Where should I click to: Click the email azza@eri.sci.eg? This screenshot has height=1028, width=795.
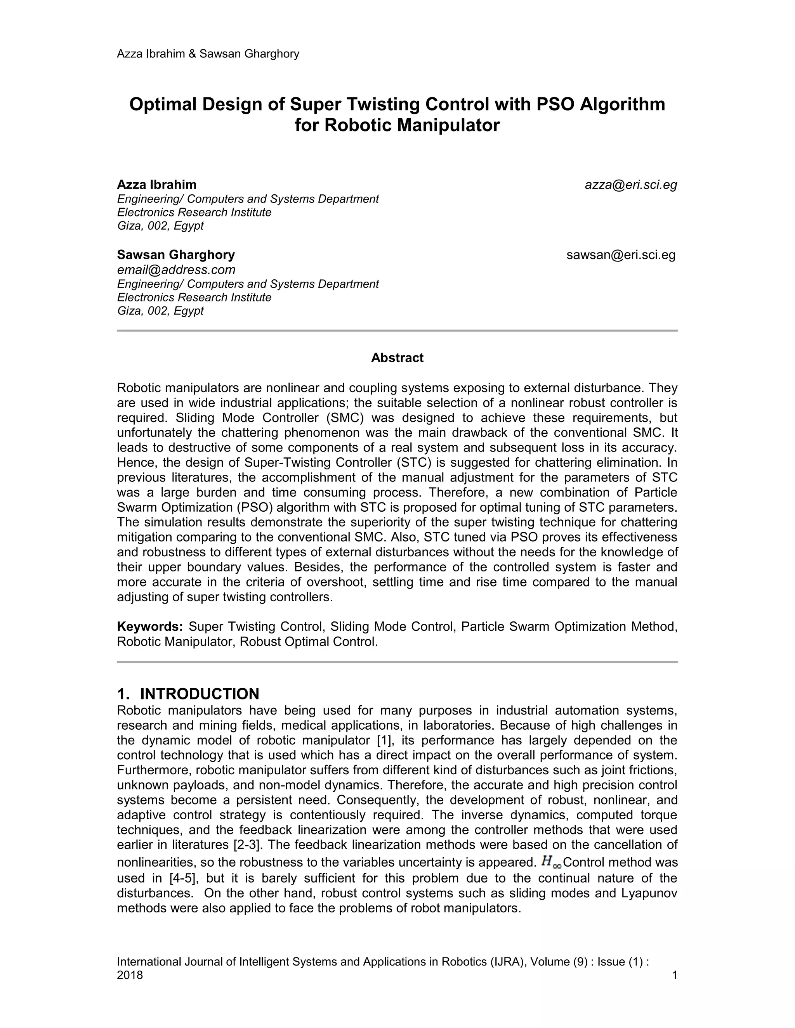(x=631, y=185)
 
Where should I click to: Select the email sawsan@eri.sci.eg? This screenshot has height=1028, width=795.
(x=621, y=255)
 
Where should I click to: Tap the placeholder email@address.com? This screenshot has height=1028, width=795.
(x=176, y=270)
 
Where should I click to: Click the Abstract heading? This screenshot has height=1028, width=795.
(x=397, y=358)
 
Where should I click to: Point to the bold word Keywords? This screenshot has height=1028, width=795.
(x=150, y=627)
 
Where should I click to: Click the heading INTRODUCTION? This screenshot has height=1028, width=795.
(x=199, y=694)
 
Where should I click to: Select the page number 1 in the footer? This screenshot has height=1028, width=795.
(x=674, y=975)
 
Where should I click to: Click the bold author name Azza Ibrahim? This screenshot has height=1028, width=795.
(x=157, y=185)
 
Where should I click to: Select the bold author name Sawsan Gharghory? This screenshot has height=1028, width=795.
(x=176, y=255)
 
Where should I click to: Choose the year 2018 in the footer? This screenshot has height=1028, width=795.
(x=130, y=975)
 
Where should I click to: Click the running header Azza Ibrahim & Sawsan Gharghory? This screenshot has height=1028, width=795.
(x=208, y=54)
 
